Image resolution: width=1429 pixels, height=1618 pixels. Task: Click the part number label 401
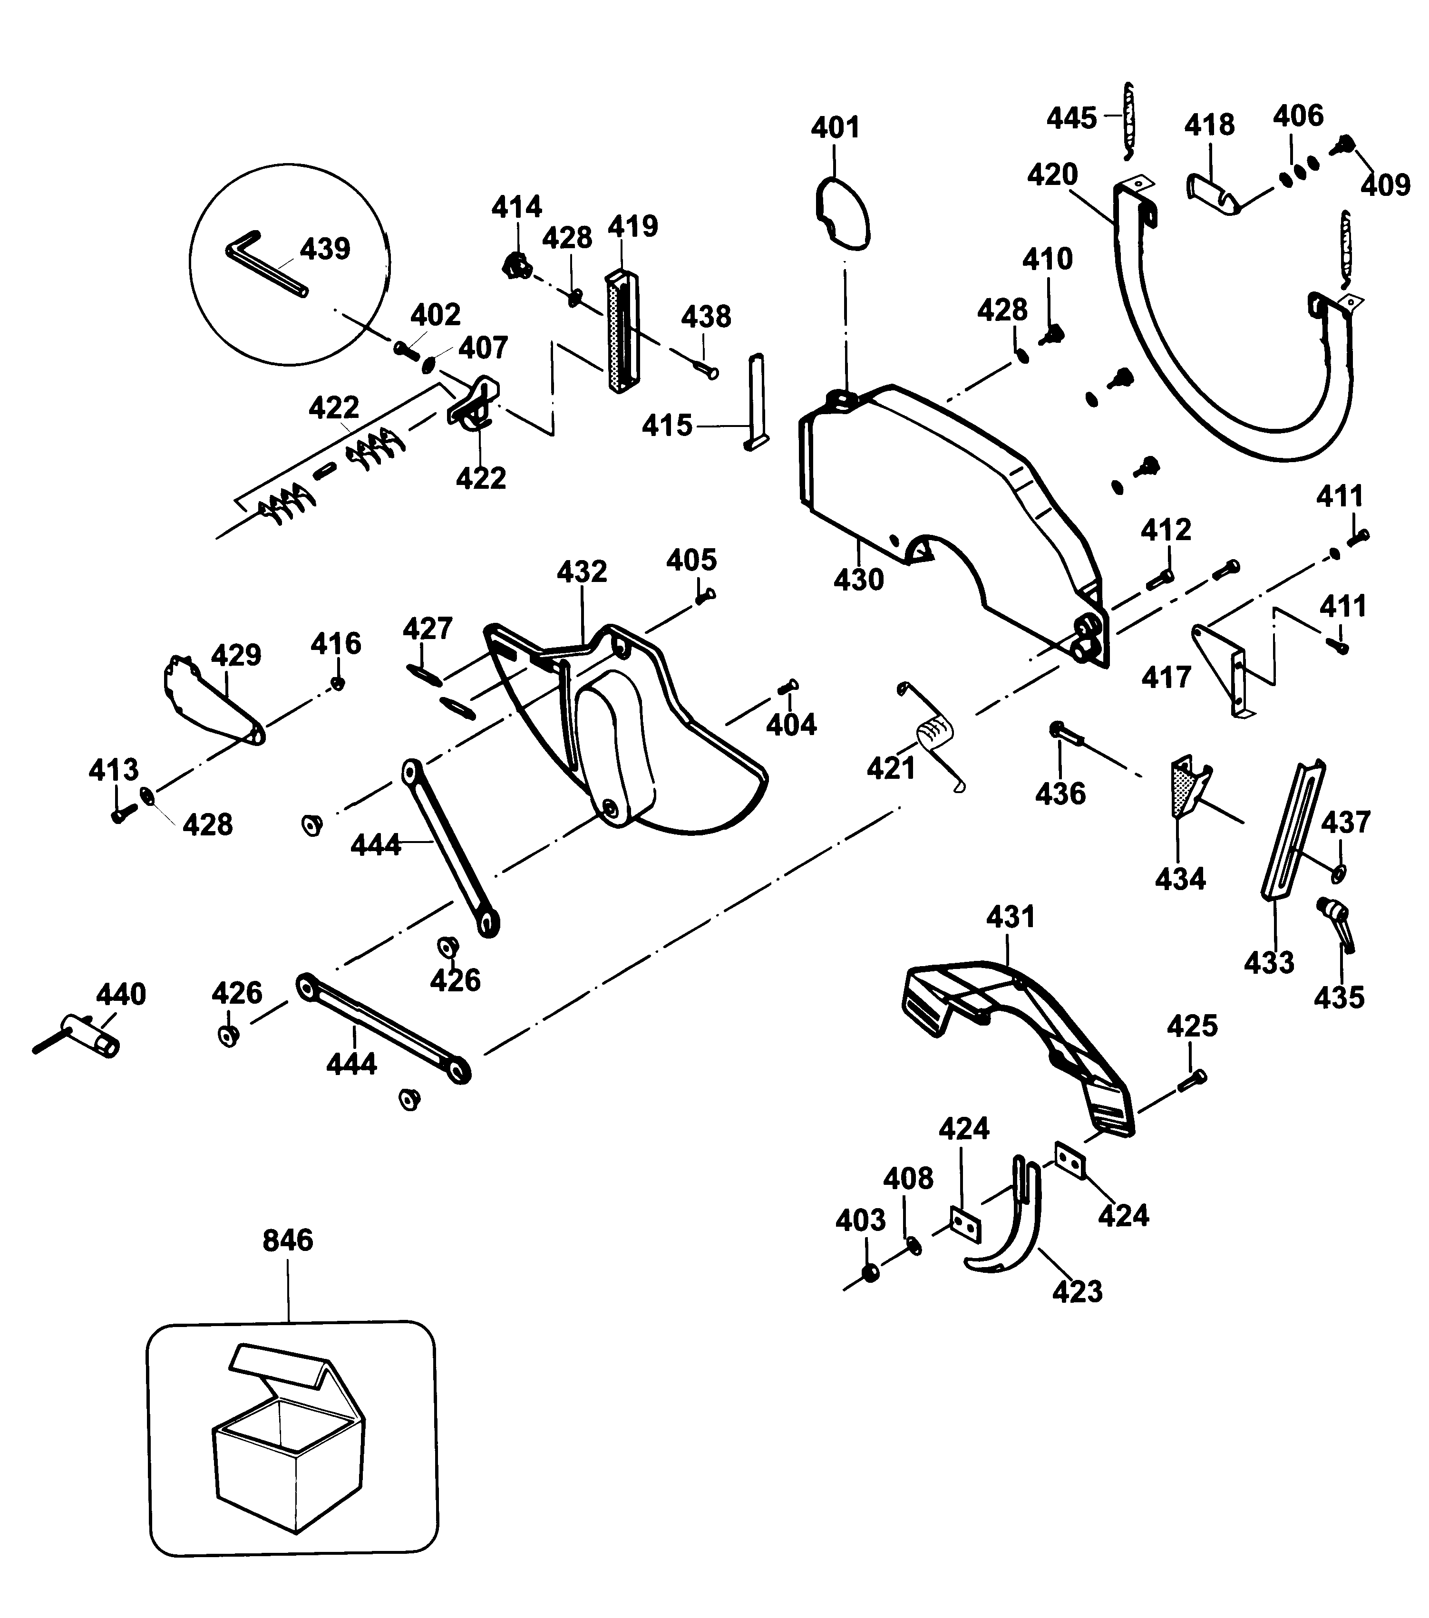click(x=835, y=127)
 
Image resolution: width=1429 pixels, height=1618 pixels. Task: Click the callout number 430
click(x=858, y=580)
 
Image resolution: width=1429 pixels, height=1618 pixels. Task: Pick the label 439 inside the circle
click(x=325, y=249)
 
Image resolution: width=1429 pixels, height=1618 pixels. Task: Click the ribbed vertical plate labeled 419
click(x=622, y=331)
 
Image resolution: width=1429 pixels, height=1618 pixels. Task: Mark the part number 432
click(x=582, y=571)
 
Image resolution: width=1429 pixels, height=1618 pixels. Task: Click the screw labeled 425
click(x=1192, y=1081)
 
